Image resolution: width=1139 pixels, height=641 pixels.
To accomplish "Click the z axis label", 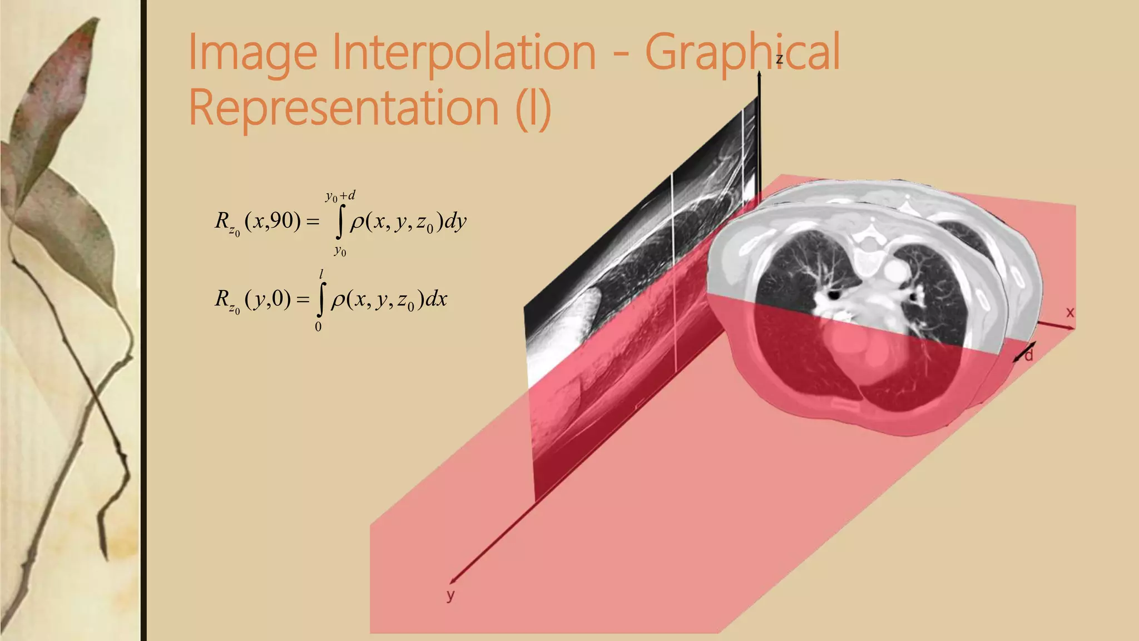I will (779, 60).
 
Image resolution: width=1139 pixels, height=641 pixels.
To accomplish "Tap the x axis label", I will (1070, 313).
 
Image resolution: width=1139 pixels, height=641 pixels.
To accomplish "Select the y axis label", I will (450, 595).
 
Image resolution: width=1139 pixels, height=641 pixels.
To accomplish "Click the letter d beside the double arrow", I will (1029, 354).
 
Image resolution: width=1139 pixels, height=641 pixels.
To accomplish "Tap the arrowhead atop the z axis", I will (759, 76).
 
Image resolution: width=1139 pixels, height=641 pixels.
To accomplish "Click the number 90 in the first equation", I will (282, 221).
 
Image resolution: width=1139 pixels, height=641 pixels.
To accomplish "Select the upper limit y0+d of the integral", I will (340, 196).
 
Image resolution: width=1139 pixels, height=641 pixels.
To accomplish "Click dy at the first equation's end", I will (455, 222).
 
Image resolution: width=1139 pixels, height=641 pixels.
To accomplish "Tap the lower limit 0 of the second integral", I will (318, 327).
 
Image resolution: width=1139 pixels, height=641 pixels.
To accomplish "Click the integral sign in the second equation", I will (320, 299).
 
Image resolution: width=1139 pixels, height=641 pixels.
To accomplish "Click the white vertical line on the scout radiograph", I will (674, 273).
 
